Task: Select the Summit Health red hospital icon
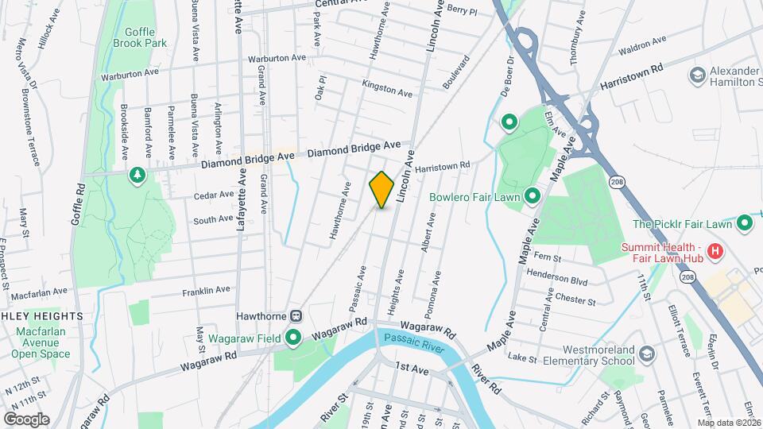click(x=715, y=252)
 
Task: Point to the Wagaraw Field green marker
click(x=293, y=338)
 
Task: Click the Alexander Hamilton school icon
click(x=697, y=75)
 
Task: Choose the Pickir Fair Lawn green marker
click(x=745, y=224)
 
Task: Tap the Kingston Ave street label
click(x=387, y=88)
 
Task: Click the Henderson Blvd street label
click(x=563, y=280)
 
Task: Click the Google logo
click(x=26, y=419)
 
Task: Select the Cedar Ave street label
click(x=214, y=194)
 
